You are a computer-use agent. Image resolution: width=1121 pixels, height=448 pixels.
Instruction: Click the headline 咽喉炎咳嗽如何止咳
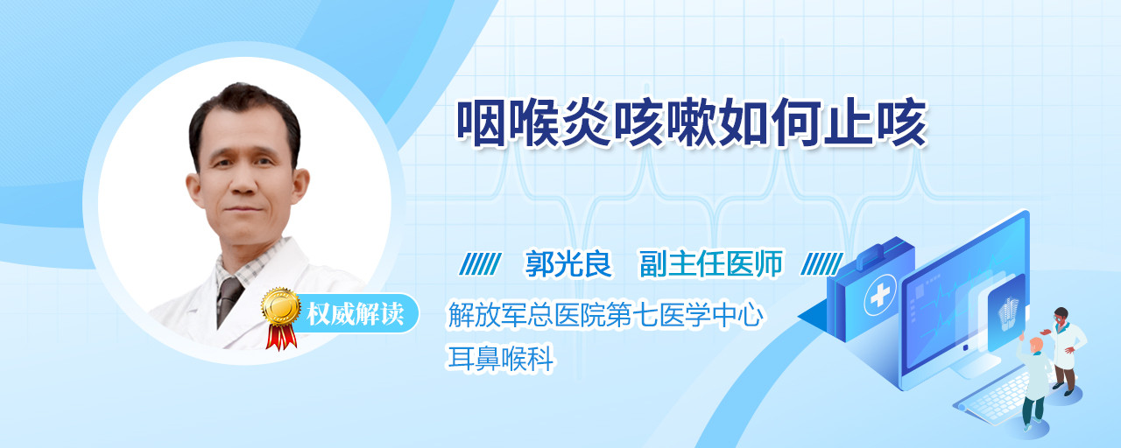click(692, 123)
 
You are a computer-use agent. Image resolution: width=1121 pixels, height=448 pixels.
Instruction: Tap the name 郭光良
click(568, 264)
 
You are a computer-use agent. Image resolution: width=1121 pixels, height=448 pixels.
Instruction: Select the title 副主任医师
click(711, 264)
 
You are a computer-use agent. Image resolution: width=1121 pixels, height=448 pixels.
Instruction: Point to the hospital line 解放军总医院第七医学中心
click(605, 316)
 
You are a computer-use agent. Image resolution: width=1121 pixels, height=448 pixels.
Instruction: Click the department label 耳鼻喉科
click(500, 359)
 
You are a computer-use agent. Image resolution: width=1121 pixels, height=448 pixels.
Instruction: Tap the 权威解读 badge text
click(355, 314)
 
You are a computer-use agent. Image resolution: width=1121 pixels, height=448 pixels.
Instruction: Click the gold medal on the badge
click(281, 306)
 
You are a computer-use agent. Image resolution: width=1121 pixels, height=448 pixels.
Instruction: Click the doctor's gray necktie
click(228, 301)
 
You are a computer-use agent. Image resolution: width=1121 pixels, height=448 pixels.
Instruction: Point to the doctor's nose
click(243, 184)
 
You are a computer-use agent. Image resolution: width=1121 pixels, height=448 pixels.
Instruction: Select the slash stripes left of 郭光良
click(480, 264)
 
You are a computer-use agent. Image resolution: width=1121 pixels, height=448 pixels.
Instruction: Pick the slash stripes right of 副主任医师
click(821, 264)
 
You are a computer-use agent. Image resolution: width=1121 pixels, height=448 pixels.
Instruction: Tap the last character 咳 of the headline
click(903, 123)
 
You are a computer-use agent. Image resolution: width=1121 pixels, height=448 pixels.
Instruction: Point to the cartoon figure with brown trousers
click(1064, 351)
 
